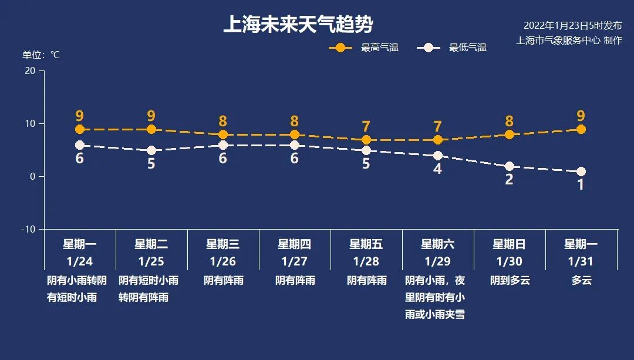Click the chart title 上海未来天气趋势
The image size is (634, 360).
click(298, 25)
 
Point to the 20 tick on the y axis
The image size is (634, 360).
click(29, 70)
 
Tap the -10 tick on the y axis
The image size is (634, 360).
click(28, 229)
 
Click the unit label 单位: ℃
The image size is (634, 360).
click(41, 55)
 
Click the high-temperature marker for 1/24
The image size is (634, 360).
click(80, 129)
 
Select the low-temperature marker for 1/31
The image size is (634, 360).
click(581, 171)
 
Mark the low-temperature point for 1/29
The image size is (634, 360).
click(437, 156)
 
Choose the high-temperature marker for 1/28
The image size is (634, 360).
click(366, 140)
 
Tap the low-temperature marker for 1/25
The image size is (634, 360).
click(151, 150)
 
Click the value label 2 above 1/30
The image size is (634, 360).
click(509, 180)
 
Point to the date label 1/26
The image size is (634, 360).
click(223, 261)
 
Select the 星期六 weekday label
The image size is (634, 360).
click(437, 244)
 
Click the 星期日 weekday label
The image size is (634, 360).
click(509, 244)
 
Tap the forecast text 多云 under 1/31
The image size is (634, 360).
click(581, 280)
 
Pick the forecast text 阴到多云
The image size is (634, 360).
click(510, 280)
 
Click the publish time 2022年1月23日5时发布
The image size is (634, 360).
click(572, 25)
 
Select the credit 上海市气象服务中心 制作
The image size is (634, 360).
click(569, 41)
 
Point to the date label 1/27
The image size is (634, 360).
click(295, 261)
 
